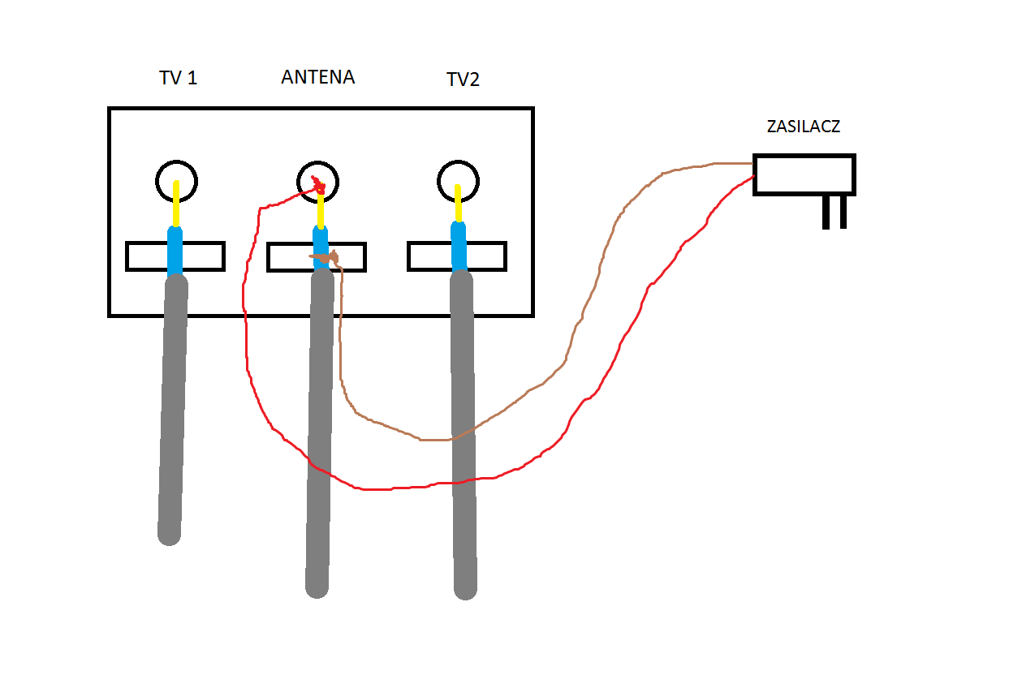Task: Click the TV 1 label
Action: pos(178,78)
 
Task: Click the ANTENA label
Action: pos(318,76)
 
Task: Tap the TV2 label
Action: pos(463,80)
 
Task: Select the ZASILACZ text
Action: pos(804,127)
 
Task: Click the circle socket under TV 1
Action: pos(157,182)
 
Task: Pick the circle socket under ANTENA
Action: pos(299,183)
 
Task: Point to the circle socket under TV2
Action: pos(439,182)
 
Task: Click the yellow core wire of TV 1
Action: pos(176,203)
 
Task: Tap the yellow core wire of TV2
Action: pos(458,203)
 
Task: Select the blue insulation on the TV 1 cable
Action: pos(175,252)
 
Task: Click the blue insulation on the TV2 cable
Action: pos(459,247)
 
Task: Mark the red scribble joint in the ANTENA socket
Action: pos(318,185)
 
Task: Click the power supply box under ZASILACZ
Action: pos(804,174)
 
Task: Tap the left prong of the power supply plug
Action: pos(826,212)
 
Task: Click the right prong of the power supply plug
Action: pos(843,212)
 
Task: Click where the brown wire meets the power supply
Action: pos(753,163)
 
